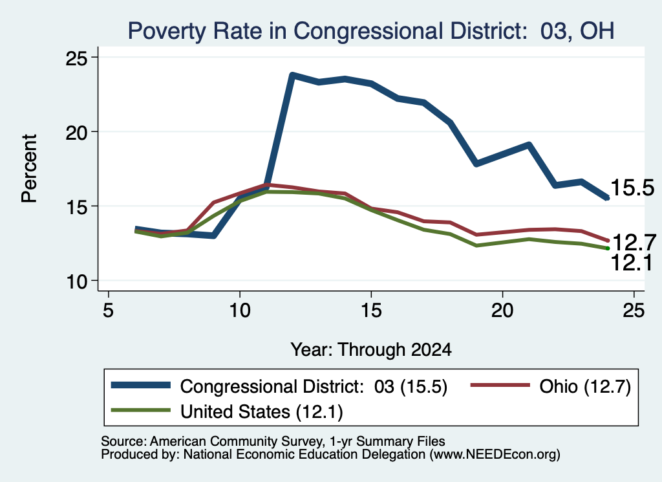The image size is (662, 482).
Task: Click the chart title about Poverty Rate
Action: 370,31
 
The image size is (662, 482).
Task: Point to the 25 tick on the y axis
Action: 76,58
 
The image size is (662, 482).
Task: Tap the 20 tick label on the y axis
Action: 76,132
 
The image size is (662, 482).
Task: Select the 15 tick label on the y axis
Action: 76,206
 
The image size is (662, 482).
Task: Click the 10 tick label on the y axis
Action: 76,281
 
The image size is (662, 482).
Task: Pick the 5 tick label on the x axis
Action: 109,311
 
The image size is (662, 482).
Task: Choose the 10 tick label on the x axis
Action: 240,311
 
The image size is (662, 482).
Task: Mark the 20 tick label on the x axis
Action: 502,311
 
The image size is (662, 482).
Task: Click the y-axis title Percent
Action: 30,169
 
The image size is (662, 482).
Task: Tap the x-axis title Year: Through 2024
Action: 371,350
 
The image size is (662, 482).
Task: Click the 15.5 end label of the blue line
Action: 632,188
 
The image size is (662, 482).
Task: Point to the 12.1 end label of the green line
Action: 632,263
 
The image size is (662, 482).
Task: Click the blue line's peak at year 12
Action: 292,75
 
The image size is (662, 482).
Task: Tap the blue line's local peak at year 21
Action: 529,145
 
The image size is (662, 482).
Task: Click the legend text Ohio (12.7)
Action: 584,386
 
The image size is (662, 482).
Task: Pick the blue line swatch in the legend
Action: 140,385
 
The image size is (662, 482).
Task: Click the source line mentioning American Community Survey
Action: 273,441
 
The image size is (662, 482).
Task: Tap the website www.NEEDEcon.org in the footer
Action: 495,455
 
